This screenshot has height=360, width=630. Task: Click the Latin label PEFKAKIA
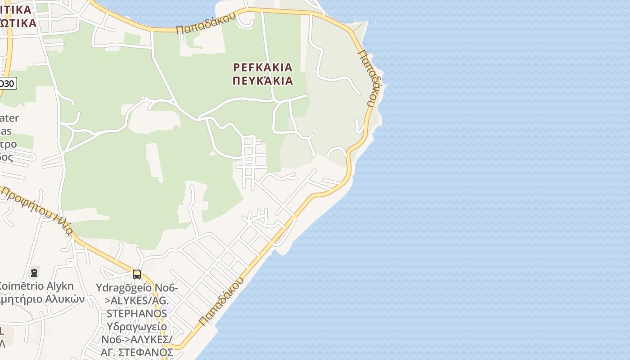point(263,67)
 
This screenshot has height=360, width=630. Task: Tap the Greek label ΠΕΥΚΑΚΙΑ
point(263,81)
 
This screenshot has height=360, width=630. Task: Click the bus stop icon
point(137,274)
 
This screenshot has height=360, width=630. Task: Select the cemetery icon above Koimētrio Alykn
point(34,272)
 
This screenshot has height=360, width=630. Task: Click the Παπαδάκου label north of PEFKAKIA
point(206,23)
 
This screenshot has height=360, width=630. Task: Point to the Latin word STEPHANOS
point(136,313)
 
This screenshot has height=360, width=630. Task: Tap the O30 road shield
point(7,83)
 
